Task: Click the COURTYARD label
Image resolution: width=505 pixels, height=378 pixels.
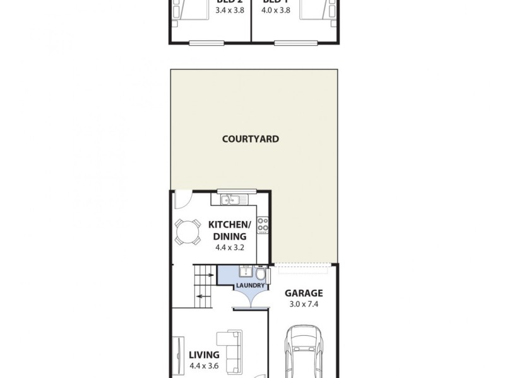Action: [251, 139]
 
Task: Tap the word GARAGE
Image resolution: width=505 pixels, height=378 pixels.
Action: [303, 293]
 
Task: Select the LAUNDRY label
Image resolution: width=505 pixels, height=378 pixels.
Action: [251, 285]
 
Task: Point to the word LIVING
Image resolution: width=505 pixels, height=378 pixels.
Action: [204, 354]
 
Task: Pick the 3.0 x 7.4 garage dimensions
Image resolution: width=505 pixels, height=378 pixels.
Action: [303, 304]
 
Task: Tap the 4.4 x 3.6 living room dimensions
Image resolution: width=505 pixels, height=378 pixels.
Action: [205, 365]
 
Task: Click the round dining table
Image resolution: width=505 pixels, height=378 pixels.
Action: [187, 232]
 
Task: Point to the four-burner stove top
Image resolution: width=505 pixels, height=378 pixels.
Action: [263, 223]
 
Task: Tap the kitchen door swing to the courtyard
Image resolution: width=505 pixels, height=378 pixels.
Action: [181, 200]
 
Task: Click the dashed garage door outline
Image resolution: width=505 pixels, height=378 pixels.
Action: [304, 265]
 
